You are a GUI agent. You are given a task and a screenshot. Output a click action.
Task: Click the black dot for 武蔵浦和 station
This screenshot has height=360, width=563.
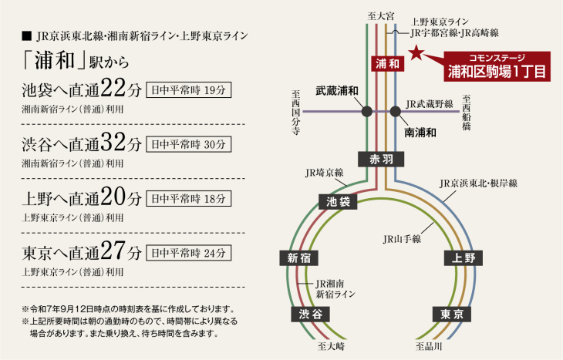[367, 111]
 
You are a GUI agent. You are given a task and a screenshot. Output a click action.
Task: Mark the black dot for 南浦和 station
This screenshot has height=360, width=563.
[396, 111]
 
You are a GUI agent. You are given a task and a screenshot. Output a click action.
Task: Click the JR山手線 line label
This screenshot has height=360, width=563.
[401, 239]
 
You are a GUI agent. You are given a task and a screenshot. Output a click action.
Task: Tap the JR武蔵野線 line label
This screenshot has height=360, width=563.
[431, 103]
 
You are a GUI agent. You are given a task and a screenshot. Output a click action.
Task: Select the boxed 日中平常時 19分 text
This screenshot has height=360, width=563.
[187, 89]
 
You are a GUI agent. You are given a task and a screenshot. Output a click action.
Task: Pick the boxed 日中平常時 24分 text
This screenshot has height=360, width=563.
[187, 252]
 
